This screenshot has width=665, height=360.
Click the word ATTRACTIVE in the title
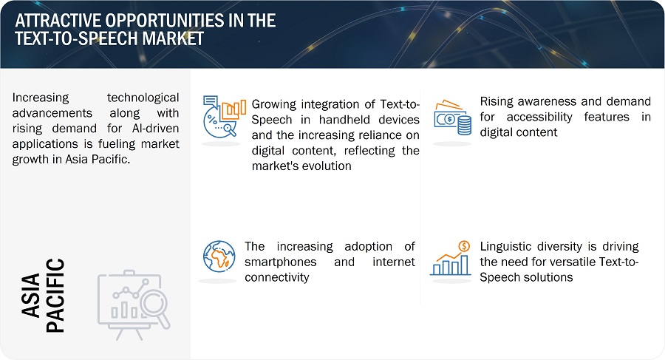point(57,21)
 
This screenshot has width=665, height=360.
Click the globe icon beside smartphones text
point(219,257)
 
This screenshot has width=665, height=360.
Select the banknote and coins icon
point(452,118)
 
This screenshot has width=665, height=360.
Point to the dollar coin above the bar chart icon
point(465,246)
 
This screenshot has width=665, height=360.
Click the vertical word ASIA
point(31,295)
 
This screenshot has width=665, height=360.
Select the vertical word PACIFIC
point(55,295)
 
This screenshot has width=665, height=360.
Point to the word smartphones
point(280,262)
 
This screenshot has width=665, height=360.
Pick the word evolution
point(327,166)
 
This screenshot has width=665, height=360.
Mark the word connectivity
point(277,277)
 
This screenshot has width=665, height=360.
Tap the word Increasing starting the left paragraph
point(41,98)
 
